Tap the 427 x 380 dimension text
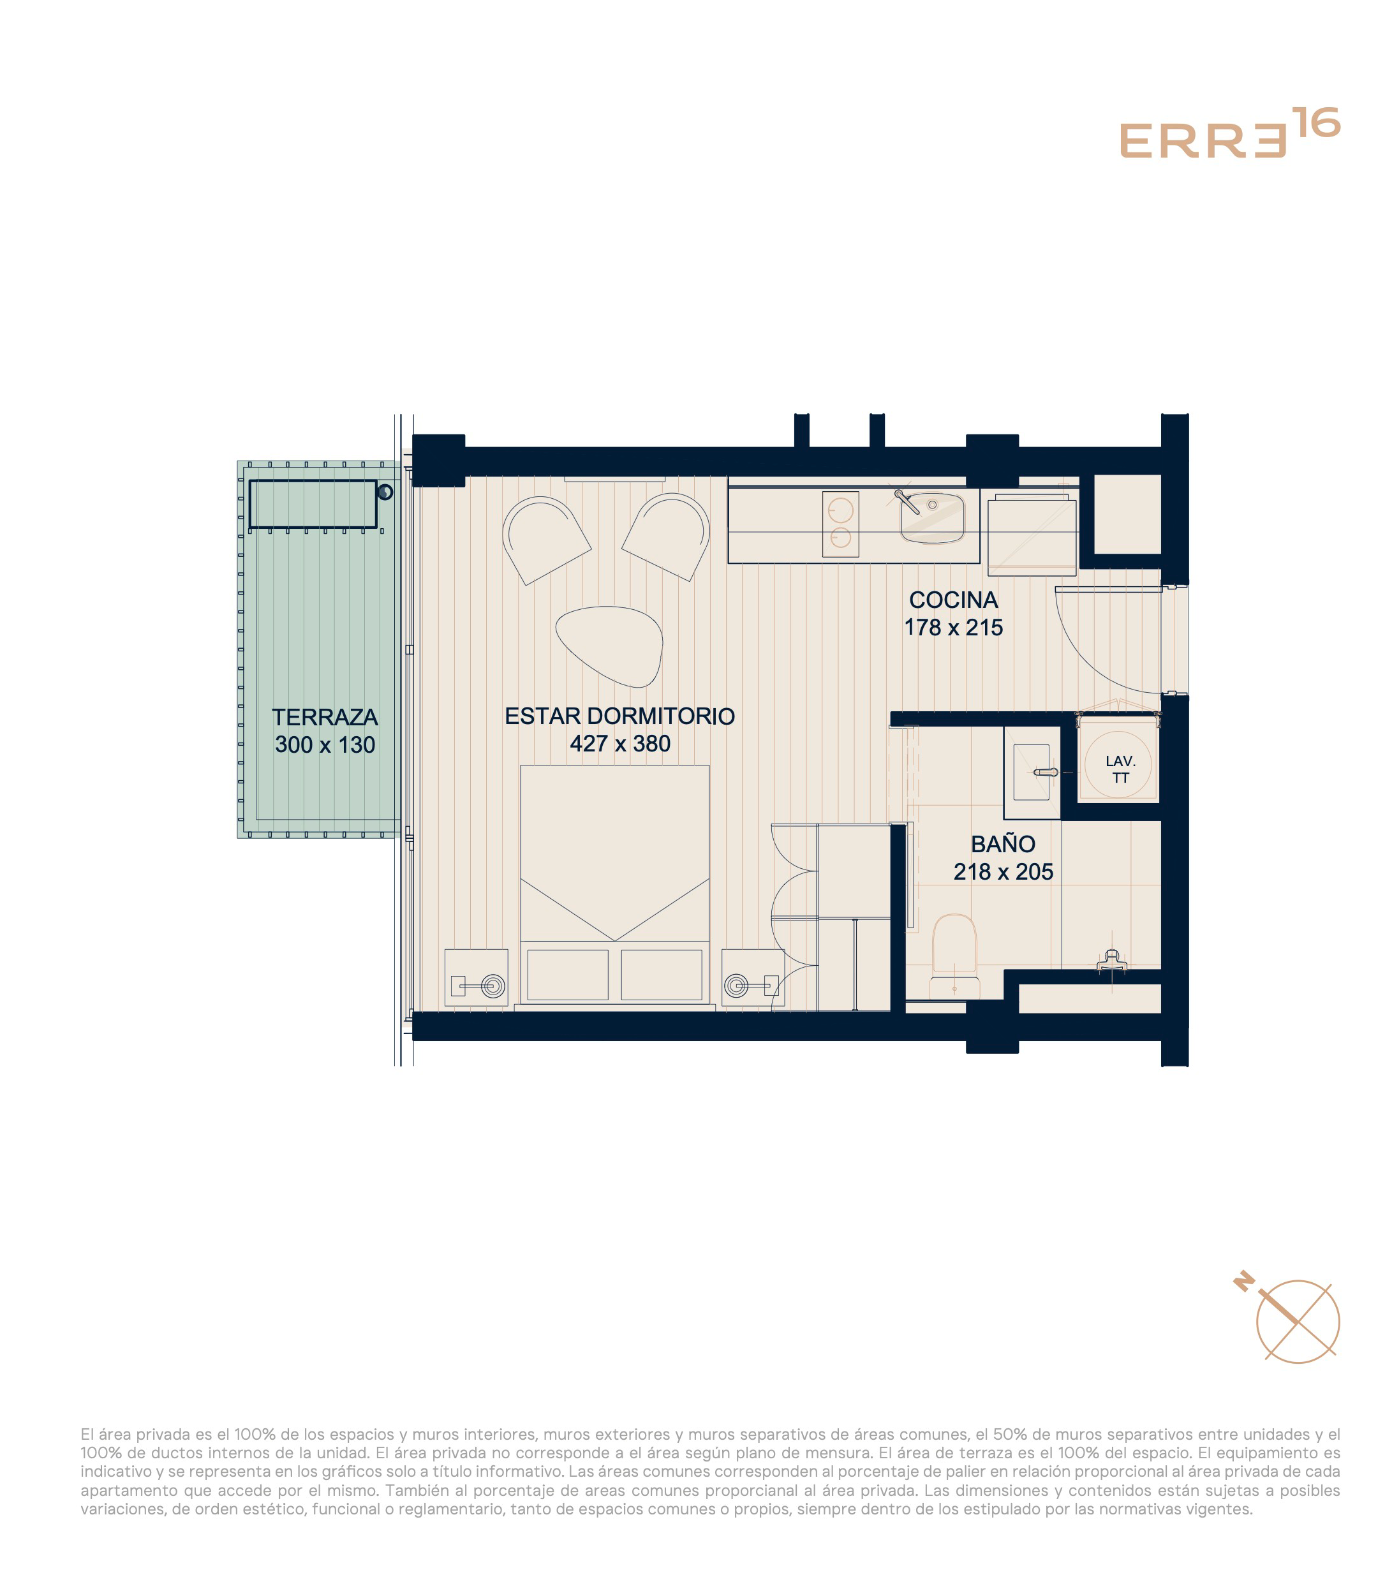[x=619, y=744]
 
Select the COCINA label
[x=952, y=600]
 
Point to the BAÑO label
[x=1003, y=844]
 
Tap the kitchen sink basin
[x=932, y=518]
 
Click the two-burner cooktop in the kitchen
[x=840, y=524]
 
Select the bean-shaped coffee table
[x=609, y=646]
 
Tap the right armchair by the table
[x=667, y=536]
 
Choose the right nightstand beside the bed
[x=752, y=977]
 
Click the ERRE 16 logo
[x=1229, y=134]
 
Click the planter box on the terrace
[x=312, y=505]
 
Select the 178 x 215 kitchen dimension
[x=952, y=627]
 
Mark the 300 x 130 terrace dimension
[x=325, y=744]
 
